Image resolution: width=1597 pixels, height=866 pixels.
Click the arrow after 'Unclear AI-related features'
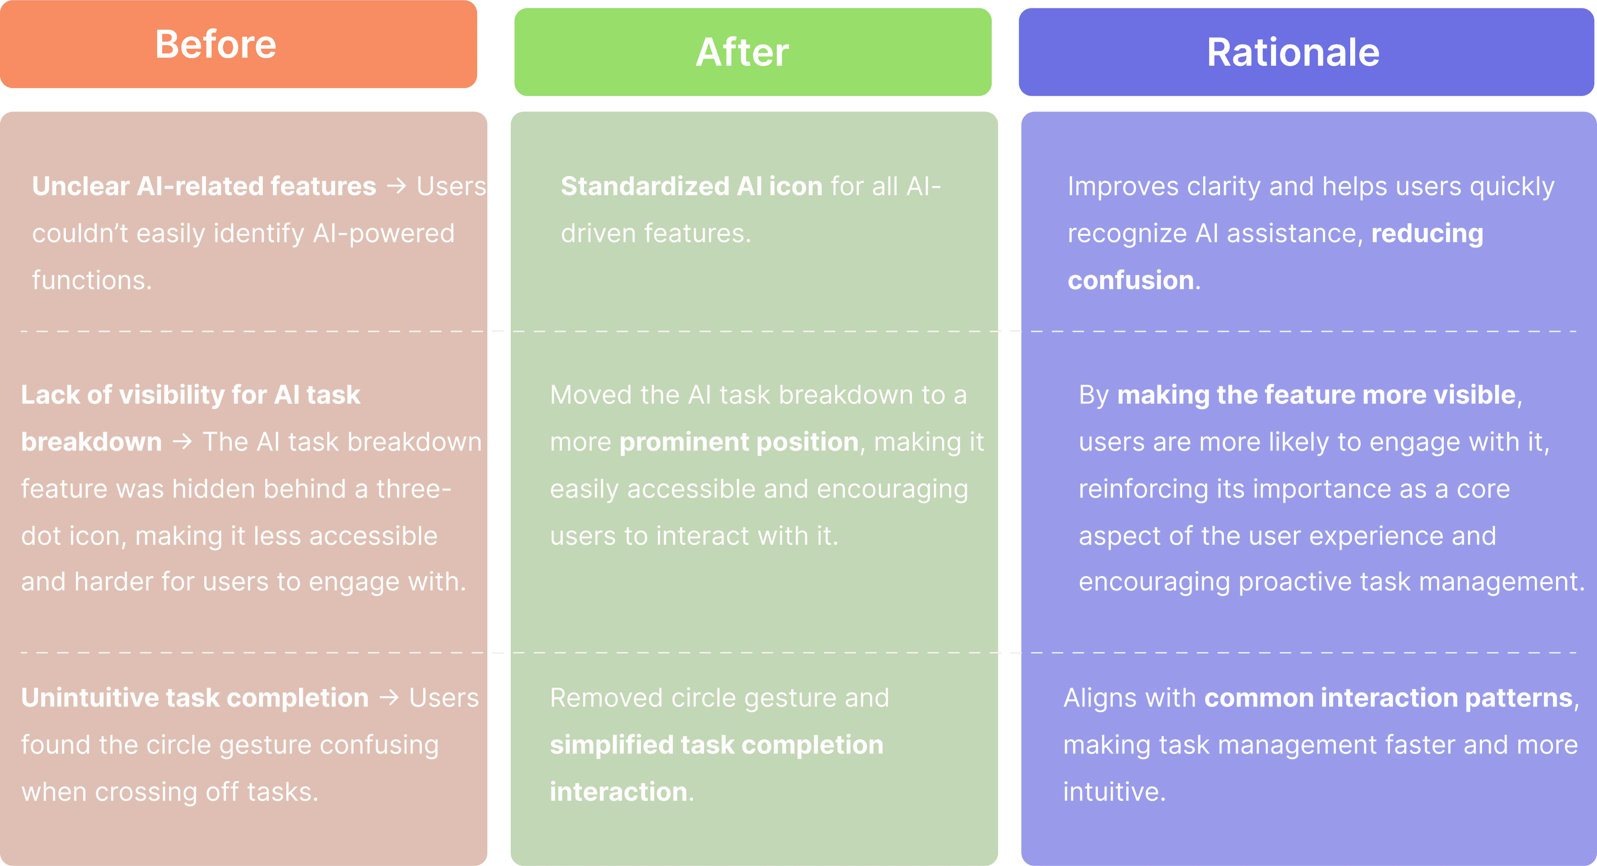pos(397,186)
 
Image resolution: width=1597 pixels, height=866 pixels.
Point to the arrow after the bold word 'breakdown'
pos(182,441)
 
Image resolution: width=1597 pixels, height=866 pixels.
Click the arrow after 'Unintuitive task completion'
pos(390,697)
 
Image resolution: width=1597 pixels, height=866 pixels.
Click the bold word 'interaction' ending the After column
pos(619,792)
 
